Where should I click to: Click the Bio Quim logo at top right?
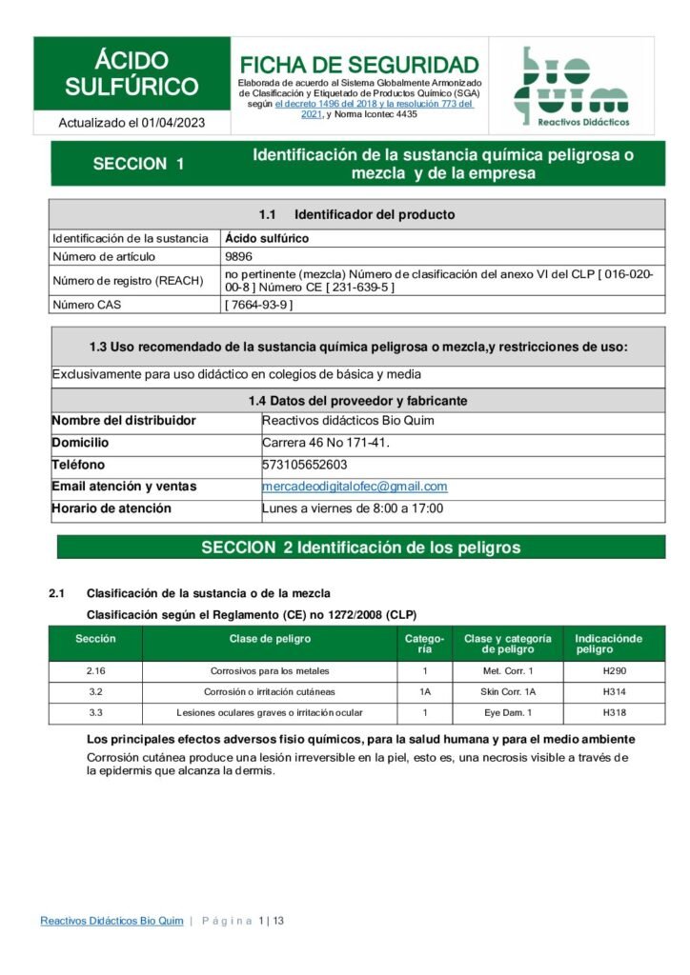click(x=571, y=87)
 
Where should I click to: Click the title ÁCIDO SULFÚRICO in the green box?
click(x=132, y=74)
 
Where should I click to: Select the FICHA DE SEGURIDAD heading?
click(x=359, y=65)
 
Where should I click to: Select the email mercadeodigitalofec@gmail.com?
click(x=355, y=486)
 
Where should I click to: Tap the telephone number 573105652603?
click(x=304, y=465)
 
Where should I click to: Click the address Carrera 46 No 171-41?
click(x=325, y=443)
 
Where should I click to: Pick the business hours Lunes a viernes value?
click(x=353, y=508)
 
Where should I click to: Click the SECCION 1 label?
click(x=138, y=164)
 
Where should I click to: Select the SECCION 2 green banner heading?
click(x=360, y=547)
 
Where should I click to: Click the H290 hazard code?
click(x=614, y=671)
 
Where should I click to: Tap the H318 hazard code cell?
click(x=614, y=712)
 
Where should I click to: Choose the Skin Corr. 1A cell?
click(x=509, y=691)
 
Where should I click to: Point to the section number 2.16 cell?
click(x=95, y=671)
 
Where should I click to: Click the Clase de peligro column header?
click(x=270, y=639)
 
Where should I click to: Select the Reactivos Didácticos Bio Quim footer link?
click(x=112, y=921)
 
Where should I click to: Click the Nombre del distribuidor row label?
click(x=124, y=421)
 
